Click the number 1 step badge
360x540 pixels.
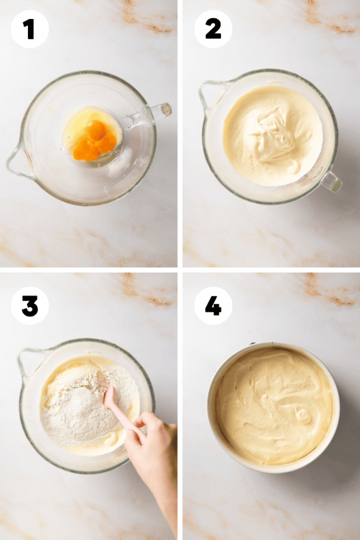click(x=30, y=29)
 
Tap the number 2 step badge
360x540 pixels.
click(x=213, y=29)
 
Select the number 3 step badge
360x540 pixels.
click(x=30, y=306)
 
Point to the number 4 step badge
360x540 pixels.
click(x=213, y=306)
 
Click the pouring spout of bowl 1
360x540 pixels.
click(x=19, y=161)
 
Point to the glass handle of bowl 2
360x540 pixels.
click(x=331, y=181)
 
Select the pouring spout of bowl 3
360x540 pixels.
click(x=30, y=362)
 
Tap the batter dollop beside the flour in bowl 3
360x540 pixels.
click(x=112, y=439)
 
